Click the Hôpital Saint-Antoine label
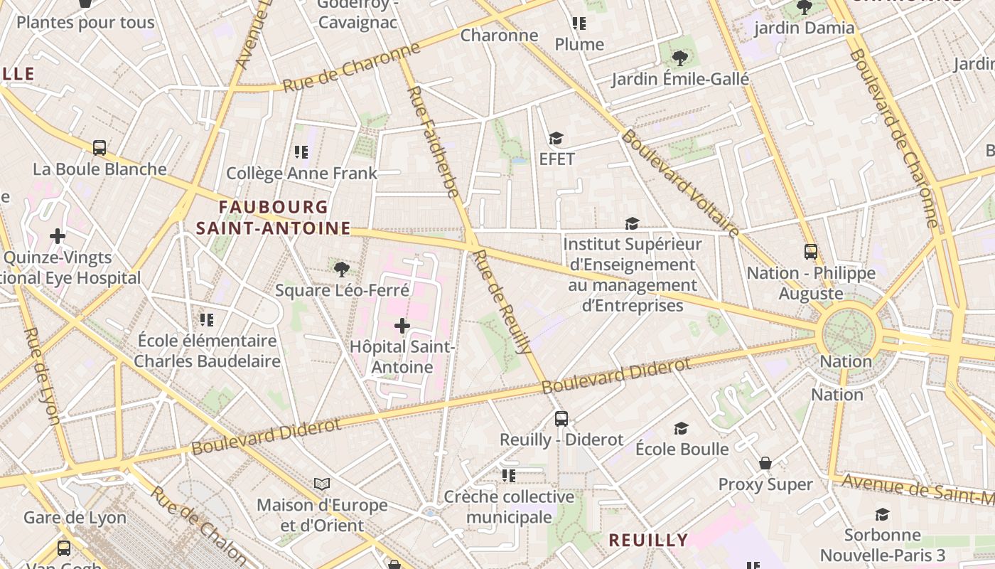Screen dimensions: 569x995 [402, 357]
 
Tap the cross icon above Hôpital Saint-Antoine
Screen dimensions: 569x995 [402, 326]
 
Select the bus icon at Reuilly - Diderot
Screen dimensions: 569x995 [561, 418]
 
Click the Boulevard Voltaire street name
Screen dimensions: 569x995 [680, 182]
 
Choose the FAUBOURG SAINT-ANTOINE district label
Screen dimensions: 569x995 [274, 218]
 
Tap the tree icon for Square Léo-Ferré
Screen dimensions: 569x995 [342, 269]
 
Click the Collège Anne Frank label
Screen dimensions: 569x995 [301, 173]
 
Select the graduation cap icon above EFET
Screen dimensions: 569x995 [556, 138]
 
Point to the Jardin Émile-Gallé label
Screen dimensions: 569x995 [680, 79]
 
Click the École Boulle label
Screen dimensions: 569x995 [682, 449]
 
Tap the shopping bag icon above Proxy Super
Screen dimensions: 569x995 [765, 463]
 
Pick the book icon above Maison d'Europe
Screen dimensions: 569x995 [322, 484]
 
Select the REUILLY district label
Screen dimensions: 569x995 [648, 540]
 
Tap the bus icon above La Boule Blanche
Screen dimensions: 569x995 [99, 148]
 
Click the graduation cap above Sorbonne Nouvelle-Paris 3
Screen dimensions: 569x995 [882, 514]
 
